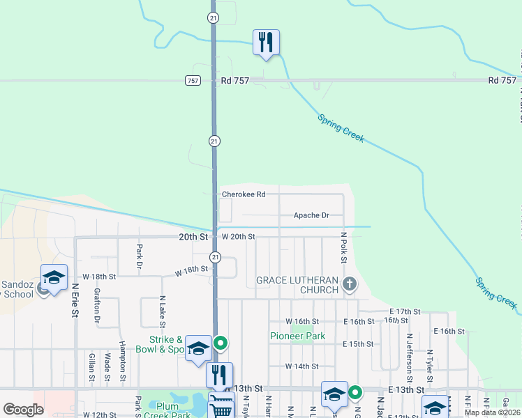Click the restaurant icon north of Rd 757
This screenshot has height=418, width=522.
click(x=265, y=42)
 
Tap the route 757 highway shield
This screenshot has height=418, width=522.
click(x=193, y=81)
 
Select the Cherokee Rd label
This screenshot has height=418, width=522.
click(x=244, y=194)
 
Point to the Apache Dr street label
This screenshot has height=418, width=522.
click(x=311, y=216)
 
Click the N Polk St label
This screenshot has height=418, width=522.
click(x=343, y=248)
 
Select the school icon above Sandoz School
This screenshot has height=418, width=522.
click(x=54, y=277)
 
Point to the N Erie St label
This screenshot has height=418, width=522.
click(x=75, y=299)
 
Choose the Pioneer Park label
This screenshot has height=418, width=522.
click(x=298, y=336)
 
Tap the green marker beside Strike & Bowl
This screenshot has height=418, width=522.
click(x=221, y=342)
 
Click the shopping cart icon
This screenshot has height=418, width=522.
click(x=221, y=406)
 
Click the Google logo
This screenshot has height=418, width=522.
click(x=23, y=410)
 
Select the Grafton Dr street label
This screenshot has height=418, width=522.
click(x=97, y=307)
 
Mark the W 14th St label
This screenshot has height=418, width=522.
click(x=301, y=366)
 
